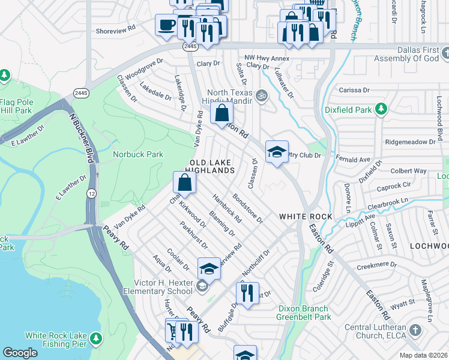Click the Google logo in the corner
coord(20,353)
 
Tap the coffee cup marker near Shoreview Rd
coord(166,25)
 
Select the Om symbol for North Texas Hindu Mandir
coord(261,94)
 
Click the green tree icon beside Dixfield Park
coord(380,109)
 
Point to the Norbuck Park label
coord(138,154)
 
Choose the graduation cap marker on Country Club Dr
coord(277,152)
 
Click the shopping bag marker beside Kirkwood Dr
coord(185,183)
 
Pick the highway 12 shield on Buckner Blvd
coord(91,193)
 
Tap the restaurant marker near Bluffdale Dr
coord(247,293)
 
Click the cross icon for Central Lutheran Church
coord(415,329)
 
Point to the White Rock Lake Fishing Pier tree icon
coord(95,340)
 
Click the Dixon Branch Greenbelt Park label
coord(304,313)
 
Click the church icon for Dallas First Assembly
coord(444,54)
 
